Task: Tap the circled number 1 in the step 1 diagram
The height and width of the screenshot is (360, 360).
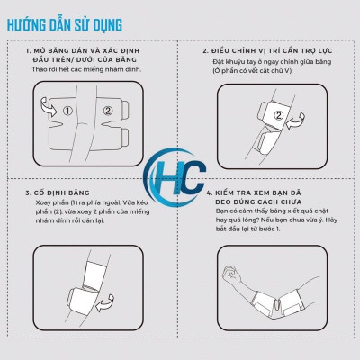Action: pyautogui.click(x=67, y=112)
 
